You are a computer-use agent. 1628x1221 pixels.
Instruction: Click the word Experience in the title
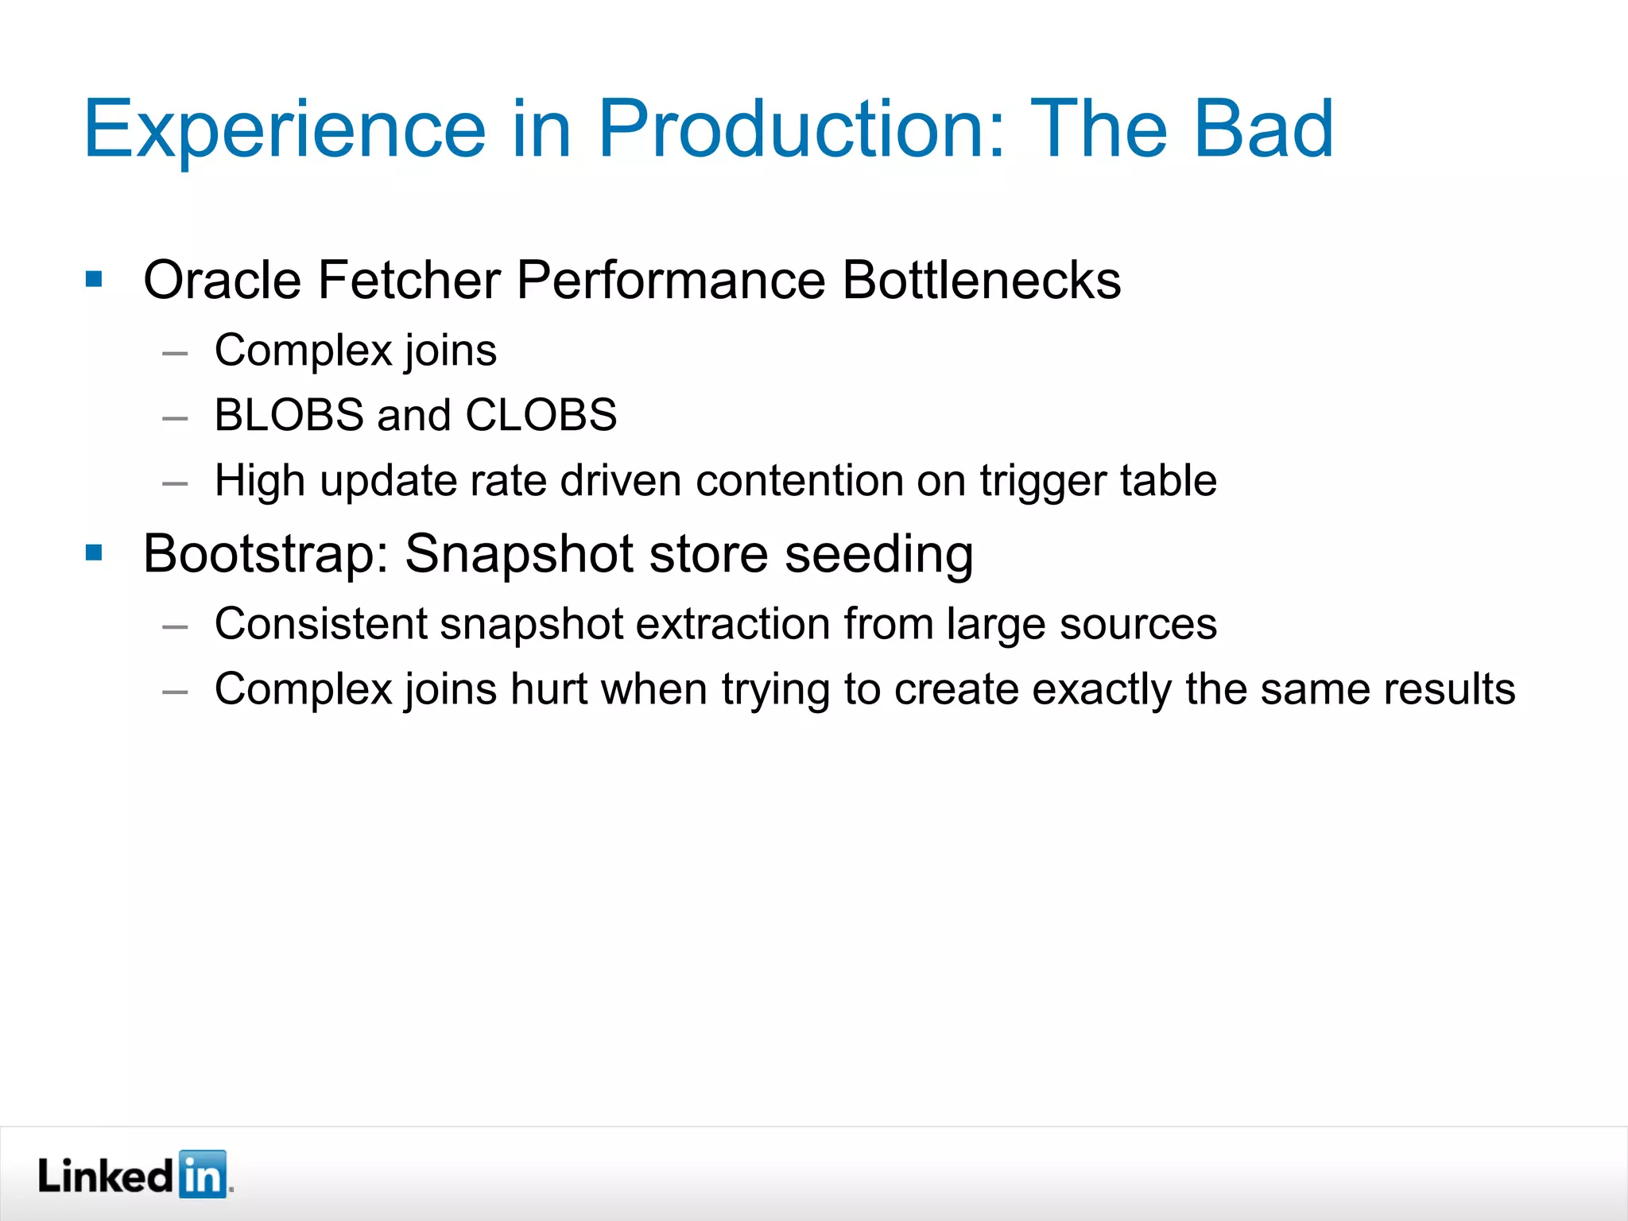point(284,129)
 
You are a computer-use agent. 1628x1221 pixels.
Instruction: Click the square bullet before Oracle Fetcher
point(94,279)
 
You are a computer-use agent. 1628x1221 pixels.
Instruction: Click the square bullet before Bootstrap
point(94,552)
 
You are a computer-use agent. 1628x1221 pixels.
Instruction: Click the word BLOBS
point(289,415)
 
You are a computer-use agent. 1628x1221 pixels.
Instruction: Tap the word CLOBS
point(541,415)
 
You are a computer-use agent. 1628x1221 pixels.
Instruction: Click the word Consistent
point(320,624)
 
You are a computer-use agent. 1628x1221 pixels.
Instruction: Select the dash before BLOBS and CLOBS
point(175,417)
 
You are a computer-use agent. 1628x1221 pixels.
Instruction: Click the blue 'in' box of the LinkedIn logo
point(203,1175)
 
